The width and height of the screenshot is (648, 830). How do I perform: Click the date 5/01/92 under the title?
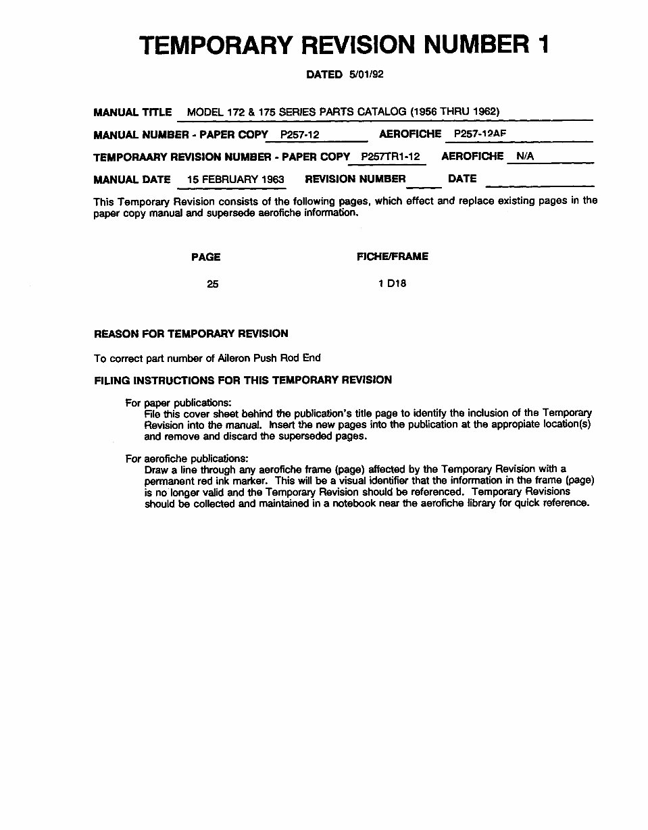coord(366,74)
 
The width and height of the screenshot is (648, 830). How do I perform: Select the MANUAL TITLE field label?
coord(132,112)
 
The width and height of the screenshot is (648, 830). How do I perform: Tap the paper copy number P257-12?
coord(299,135)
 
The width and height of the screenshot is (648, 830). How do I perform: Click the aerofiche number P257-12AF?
coord(480,134)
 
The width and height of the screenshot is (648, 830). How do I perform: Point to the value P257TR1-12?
coord(391,157)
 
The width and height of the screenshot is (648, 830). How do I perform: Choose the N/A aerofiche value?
coord(525,157)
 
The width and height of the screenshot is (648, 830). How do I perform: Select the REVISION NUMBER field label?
coord(355,179)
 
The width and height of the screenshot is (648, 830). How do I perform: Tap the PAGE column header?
coord(205,257)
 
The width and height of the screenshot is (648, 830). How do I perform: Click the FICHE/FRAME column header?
coord(392,257)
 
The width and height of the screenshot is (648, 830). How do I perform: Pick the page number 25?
coord(213,284)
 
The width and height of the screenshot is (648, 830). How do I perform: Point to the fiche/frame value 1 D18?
coord(392,284)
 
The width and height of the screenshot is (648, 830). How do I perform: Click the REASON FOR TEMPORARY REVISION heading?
coord(191,334)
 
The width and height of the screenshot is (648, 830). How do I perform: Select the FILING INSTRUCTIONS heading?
coord(243,380)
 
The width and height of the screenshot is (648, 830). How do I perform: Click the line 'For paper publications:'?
coord(178,403)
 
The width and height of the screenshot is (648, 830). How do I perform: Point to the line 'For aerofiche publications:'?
coord(186,459)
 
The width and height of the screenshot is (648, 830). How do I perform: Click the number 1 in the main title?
coord(543,45)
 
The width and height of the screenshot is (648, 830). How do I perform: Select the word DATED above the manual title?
coord(324,74)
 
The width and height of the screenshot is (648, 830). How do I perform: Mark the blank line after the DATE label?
coord(539,182)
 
